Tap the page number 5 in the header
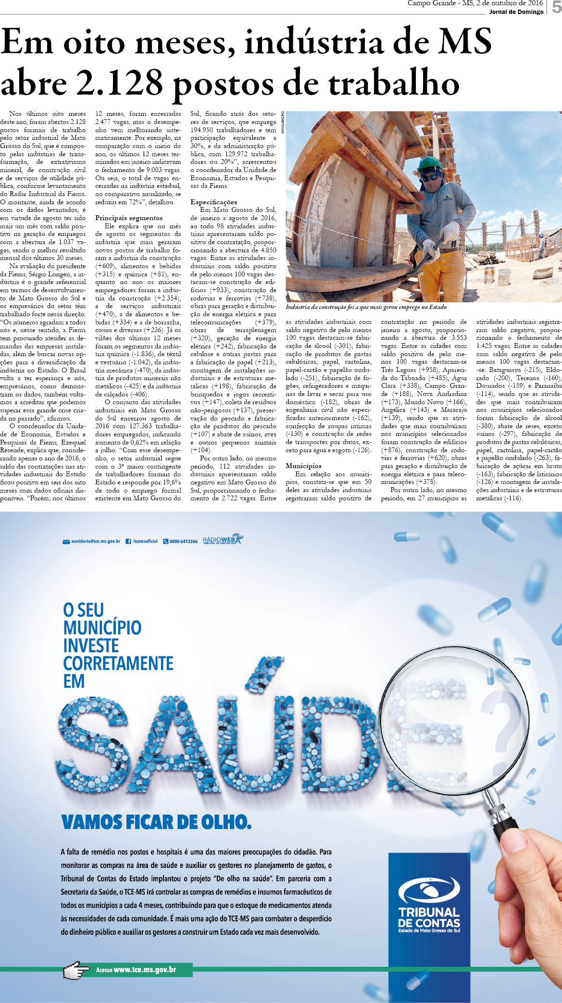point(556,7)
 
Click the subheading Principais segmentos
point(129,218)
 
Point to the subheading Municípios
point(303,466)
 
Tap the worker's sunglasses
point(430,177)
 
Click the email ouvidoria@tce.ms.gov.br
point(95,541)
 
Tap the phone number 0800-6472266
point(183,541)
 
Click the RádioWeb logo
point(223,540)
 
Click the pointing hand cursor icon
point(76,971)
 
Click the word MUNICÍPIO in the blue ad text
point(102,628)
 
